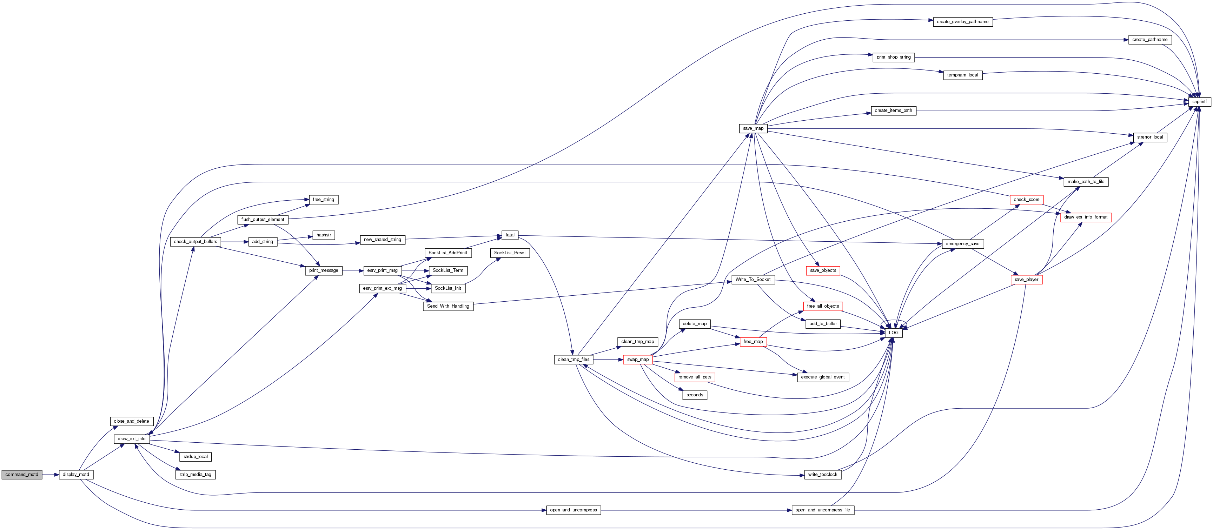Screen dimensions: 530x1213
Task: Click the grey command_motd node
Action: pos(22,475)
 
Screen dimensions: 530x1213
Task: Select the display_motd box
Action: pos(76,475)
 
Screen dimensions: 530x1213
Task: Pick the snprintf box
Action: pos(1199,102)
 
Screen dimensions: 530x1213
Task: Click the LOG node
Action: pos(893,333)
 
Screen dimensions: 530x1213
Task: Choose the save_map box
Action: pos(753,128)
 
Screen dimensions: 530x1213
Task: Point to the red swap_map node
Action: pos(638,360)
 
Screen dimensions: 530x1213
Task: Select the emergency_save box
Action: pos(962,244)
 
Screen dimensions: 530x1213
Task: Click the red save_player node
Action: pos(1026,280)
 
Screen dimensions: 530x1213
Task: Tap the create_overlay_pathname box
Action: pos(962,22)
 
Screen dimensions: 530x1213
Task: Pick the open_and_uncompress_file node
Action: pos(823,510)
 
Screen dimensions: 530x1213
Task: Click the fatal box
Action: pos(510,235)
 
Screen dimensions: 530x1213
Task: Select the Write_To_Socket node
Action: pos(753,280)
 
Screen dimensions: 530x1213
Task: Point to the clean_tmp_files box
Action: pos(574,360)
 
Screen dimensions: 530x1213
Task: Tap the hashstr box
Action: pos(324,235)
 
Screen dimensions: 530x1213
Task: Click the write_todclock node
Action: pos(823,475)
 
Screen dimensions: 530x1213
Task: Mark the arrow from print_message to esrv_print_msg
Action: pos(353,271)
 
